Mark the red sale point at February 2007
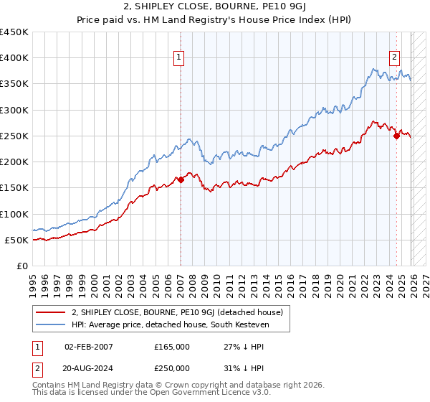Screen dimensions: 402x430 click(181, 180)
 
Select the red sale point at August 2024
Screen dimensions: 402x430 click(396, 136)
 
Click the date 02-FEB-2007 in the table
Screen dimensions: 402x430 click(89, 346)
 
